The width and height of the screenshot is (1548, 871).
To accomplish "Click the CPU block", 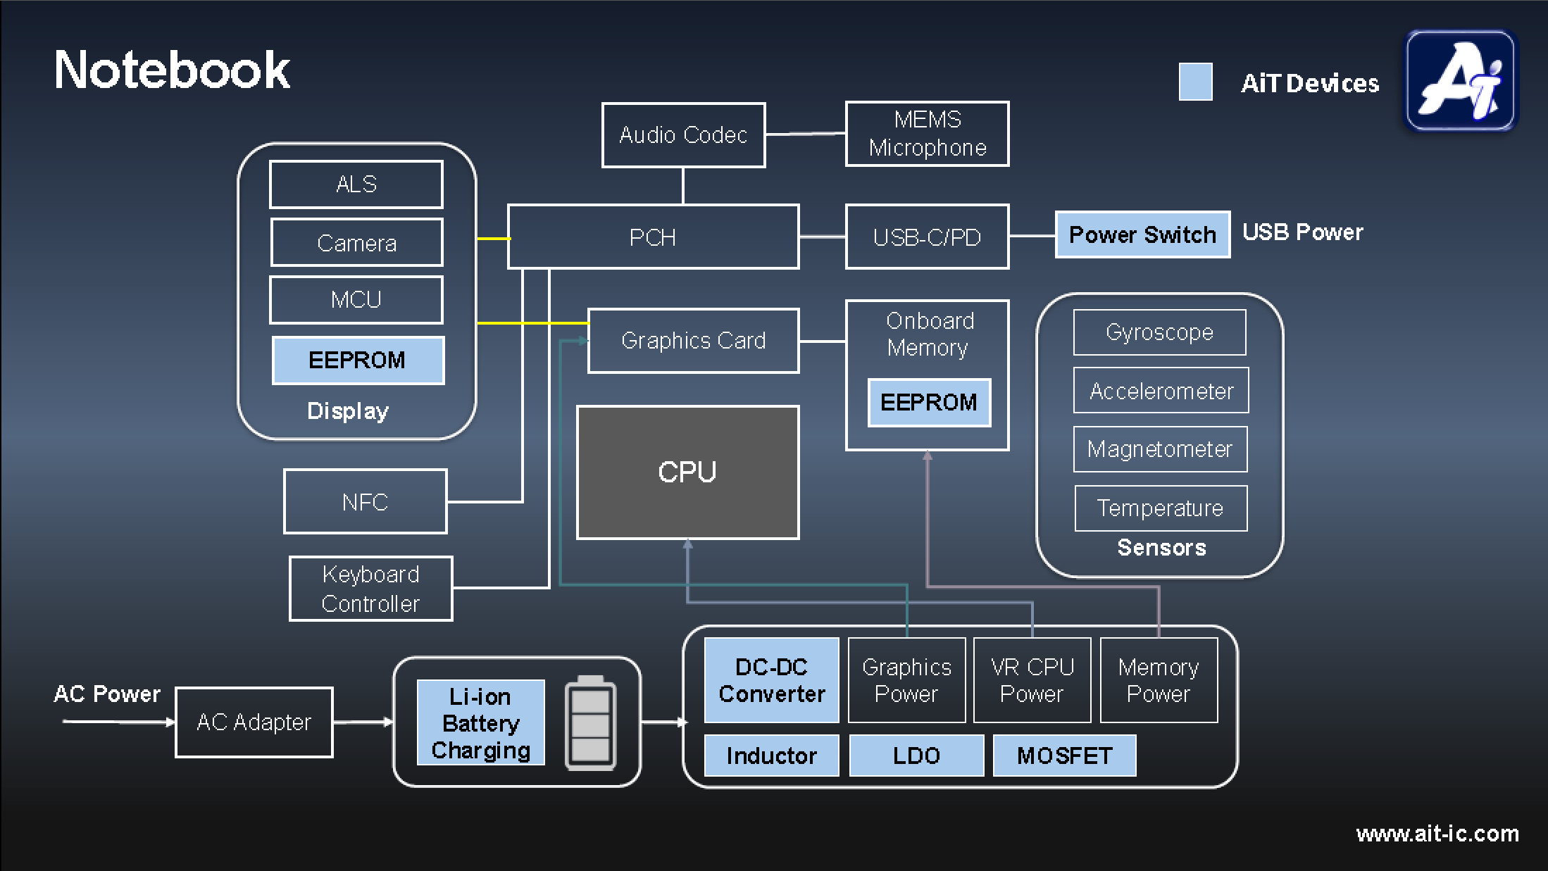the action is pos(687,472).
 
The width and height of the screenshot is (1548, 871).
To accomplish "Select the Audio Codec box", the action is pos(683,135).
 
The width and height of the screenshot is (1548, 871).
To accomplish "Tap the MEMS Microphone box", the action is pos(927,134).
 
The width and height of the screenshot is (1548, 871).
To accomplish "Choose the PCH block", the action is pos(653,237).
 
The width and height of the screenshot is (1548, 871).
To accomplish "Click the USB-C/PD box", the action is pos(927,237).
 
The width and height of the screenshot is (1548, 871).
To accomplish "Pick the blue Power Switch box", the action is pos(1142,234).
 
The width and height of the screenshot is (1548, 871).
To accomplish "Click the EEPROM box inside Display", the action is pos(358,360).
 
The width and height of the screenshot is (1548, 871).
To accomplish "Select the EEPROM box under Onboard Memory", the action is pos(929,402).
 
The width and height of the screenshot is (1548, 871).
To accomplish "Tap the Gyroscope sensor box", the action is pos(1159,332).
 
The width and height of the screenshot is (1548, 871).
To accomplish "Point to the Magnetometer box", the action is pos(1160,449).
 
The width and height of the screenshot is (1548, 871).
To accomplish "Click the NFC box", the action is pos(365,501).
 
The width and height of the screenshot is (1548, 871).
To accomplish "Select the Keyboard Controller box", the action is pos(370,589).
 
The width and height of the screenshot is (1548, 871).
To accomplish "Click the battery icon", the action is pos(590,722).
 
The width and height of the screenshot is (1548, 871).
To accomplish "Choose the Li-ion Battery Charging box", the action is pos(480,722).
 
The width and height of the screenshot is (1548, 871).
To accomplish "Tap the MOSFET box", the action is pos(1064,756).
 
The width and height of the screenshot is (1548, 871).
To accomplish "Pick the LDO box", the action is pos(916,756).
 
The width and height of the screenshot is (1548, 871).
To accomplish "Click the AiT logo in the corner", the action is pos(1461,80).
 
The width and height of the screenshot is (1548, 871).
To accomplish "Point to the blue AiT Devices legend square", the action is pos(1196,82).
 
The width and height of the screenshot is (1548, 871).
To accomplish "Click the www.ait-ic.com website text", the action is pos(1437,834).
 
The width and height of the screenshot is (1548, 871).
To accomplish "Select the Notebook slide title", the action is pos(173,70).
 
